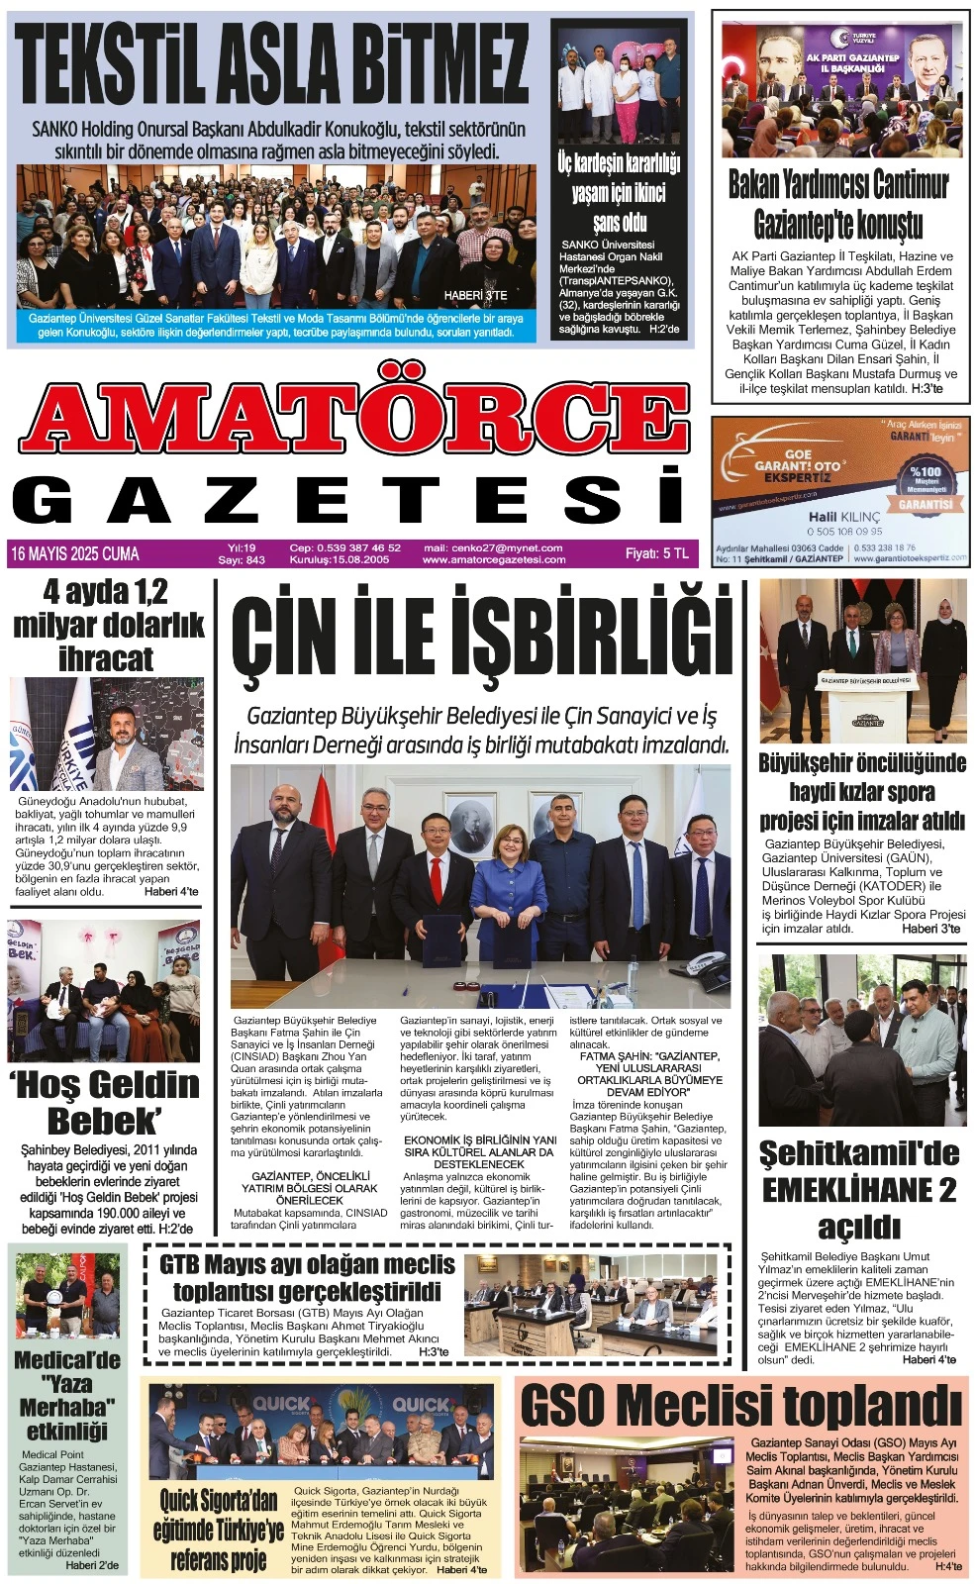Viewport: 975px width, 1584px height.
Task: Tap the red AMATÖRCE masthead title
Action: point(354,416)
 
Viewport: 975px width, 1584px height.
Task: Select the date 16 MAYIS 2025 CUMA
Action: point(75,553)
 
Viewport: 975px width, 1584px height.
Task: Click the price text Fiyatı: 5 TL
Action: point(656,553)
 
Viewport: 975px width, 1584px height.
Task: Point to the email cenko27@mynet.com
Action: point(493,547)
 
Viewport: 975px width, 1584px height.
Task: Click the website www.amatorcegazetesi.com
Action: point(494,559)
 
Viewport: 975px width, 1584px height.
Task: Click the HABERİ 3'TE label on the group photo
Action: point(475,295)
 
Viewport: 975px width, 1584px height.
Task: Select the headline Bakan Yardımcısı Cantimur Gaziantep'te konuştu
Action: point(838,204)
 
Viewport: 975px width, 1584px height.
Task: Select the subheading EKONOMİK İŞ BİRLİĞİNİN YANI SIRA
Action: point(480,1146)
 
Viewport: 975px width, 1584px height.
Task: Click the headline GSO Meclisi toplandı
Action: point(740,1406)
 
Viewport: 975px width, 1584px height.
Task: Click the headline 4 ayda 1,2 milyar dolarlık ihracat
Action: point(108,626)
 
